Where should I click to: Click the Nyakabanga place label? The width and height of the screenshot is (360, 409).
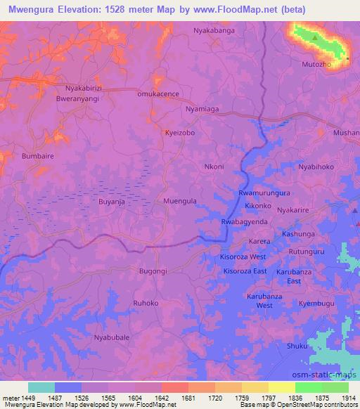(x=214, y=32)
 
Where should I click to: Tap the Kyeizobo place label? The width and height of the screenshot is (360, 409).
(x=179, y=132)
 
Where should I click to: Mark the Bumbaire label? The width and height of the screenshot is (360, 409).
(x=38, y=156)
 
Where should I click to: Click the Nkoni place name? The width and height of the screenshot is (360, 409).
(x=214, y=167)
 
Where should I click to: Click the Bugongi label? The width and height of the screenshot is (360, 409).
(x=153, y=271)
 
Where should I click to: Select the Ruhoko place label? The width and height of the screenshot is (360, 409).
(x=146, y=303)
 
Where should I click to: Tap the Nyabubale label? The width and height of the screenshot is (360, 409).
(x=111, y=337)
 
